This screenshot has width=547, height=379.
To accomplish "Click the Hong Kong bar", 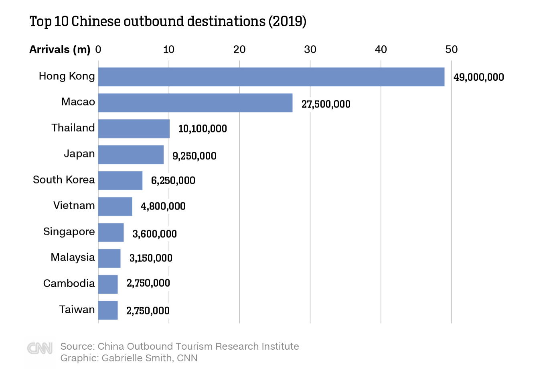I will pos(271,77).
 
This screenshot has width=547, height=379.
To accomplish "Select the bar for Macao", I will pos(195,103).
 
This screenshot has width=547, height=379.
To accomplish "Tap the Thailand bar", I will pos(134,128).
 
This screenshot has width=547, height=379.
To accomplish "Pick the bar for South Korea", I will pos(120,180).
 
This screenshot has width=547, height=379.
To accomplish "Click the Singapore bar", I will pos(111,232).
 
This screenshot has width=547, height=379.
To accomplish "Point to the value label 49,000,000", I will pos(478,77).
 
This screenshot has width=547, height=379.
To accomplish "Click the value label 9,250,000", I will pos(194,156).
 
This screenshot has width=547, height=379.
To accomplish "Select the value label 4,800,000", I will pos(163,206).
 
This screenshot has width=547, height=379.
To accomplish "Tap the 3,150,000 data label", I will pos(151,258).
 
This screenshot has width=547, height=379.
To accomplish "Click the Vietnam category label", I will pos(74,206).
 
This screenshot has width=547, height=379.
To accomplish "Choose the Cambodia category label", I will pos(69,283).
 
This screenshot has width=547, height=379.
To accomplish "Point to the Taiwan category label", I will pos(77,310).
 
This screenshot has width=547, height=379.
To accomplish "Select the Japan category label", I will pos(79,154).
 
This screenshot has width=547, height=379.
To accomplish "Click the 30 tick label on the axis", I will pos(310,49).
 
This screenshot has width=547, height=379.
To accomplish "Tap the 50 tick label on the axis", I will pos(451,49).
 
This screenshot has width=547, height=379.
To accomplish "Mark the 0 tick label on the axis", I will pos(98,49).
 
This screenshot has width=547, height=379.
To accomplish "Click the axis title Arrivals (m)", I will pos(60,49).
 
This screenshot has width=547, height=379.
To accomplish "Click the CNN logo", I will pos(40,348).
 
